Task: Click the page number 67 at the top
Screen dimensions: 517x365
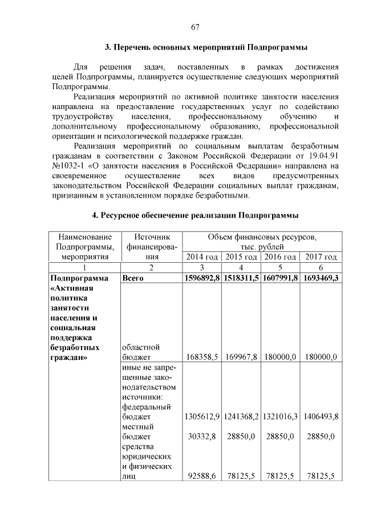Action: click(x=195, y=26)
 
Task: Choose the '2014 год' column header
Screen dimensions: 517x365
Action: click(x=202, y=257)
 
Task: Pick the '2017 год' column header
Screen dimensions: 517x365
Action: click(x=321, y=257)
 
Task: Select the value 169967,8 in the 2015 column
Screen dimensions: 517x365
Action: click(x=241, y=357)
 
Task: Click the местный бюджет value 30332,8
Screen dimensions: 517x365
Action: click(x=202, y=436)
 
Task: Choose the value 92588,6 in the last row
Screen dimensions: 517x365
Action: click(x=202, y=476)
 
